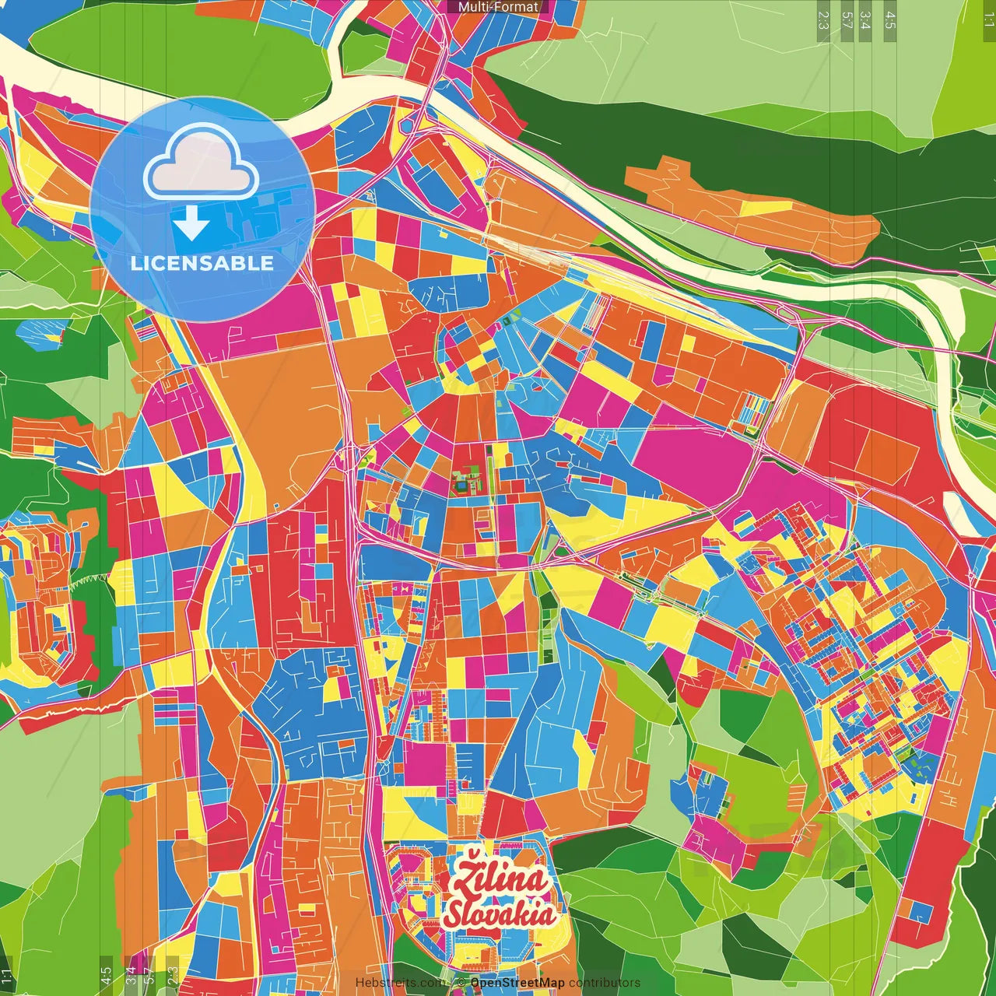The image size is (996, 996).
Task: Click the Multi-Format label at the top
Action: (498, 7)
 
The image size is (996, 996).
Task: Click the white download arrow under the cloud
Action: (191, 224)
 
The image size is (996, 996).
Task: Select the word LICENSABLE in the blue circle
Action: (202, 263)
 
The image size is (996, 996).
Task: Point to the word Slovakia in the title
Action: (500, 914)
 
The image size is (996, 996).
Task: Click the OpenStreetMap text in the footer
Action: (517, 983)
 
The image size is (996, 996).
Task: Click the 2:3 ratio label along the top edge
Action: (823, 19)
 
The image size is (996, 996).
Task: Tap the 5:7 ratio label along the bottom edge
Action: (149, 975)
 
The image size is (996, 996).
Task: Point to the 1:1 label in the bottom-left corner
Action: (6, 976)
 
